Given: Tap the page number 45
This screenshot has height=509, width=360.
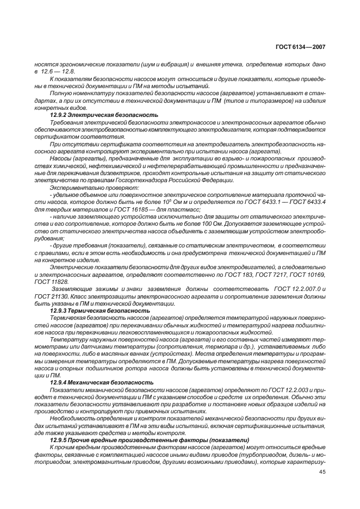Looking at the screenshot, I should point(322,472).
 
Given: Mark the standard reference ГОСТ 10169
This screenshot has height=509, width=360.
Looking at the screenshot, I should point(309,275).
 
